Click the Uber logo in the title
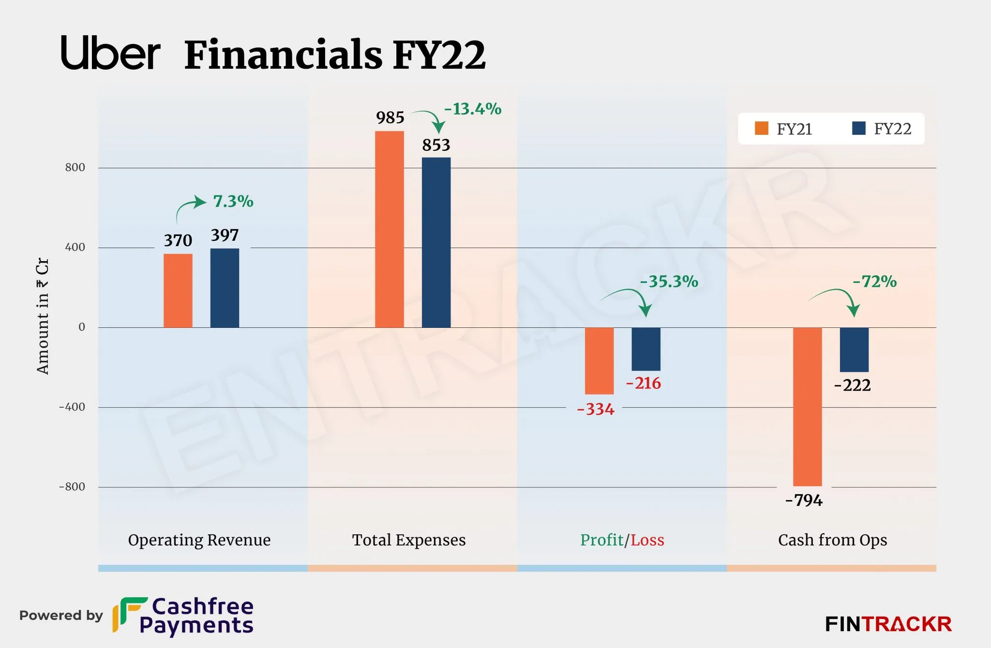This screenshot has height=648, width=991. (x=110, y=53)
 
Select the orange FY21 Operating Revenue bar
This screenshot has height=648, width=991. (x=178, y=291)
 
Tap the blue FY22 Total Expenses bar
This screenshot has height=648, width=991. (x=436, y=242)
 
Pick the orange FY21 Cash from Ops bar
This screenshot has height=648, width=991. (x=807, y=406)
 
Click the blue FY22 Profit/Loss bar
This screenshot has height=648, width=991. (x=646, y=349)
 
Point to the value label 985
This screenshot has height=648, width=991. (x=390, y=118)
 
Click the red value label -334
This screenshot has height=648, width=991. (x=596, y=410)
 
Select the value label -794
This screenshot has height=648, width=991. (x=804, y=500)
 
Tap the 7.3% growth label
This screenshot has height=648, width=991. (x=233, y=201)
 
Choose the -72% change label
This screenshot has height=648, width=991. (x=874, y=281)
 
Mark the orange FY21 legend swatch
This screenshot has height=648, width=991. (x=761, y=129)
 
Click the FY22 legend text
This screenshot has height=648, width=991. (x=892, y=129)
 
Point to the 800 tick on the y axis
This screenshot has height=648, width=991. (x=75, y=167)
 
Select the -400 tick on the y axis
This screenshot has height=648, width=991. (x=72, y=407)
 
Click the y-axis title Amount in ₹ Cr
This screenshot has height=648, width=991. (x=43, y=316)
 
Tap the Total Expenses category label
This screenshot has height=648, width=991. (x=408, y=540)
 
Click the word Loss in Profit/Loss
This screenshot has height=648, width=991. (x=647, y=540)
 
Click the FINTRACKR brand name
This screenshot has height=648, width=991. (x=888, y=624)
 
